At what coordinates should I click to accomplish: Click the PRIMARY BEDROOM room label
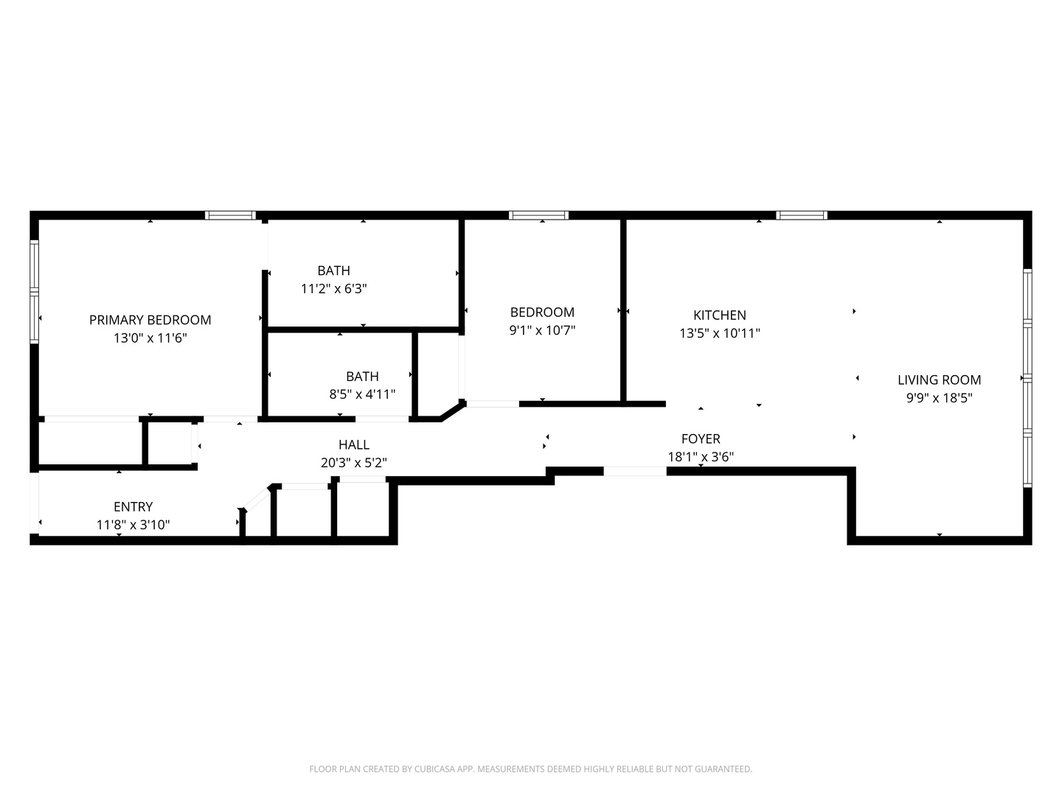click(150, 320)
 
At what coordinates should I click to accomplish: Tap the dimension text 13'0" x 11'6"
click(150, 338)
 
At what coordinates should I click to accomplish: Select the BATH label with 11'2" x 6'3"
click(333, 270)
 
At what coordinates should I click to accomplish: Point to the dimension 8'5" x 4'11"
click(362, 394)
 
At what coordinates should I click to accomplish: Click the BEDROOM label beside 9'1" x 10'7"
click(542, 313)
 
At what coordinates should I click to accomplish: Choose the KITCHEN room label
click(719, 315)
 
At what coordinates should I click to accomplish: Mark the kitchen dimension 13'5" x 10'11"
click(719, 333)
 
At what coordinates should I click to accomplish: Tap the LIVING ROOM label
click(939, 380)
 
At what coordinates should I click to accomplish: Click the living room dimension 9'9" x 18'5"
click(939, 398)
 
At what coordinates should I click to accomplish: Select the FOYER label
click(700, 439)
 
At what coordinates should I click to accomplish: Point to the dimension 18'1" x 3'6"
click(700, 457)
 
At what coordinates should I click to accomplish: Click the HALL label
click(353, 445)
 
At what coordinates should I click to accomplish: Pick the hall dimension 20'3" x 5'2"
click(353, 463)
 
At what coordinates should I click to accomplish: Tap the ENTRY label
click(133, 507)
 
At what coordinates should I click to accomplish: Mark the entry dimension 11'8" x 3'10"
click(133, 525)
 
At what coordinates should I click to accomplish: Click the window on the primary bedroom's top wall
click(230, 215)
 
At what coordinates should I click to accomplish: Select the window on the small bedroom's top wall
click(538, 215)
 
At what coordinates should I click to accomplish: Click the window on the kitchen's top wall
click(802, 215)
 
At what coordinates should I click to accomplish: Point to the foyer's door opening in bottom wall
click(635, 471)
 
